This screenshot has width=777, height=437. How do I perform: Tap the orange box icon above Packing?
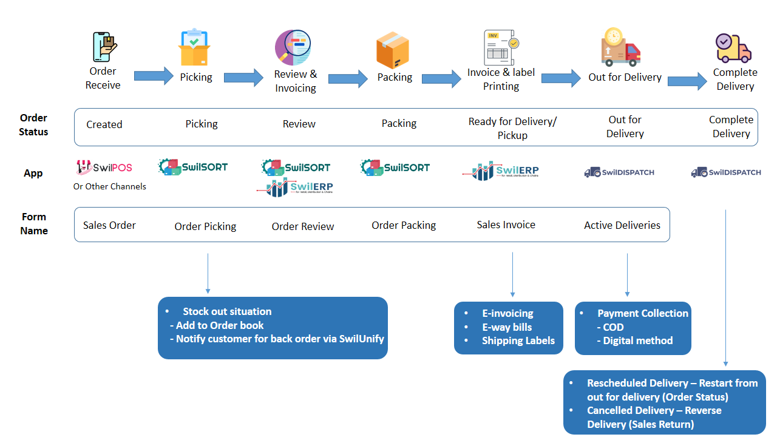(393, 50)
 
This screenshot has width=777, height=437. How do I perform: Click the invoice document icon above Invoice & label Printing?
(500, 47)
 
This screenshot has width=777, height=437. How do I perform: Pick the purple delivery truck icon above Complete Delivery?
(733, 48)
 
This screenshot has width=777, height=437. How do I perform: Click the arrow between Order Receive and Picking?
(154, 76)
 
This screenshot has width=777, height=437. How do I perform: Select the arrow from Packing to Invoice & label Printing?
(441, 78)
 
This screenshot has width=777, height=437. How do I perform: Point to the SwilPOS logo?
(104, 168)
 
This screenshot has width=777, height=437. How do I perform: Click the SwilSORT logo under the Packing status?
(395, 167)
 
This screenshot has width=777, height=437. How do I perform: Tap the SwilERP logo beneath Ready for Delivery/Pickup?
(501, 171)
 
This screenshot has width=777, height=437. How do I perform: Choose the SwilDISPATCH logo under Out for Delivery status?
(619, 172)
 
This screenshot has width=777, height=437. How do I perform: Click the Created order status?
(104, 124)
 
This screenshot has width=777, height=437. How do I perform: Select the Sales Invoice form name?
(506, 225)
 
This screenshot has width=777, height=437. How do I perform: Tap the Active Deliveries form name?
(622, 225)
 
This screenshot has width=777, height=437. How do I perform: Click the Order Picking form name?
(205, 226)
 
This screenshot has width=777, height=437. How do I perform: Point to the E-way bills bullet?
(507, 327)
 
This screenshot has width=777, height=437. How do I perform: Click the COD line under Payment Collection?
(613, 327)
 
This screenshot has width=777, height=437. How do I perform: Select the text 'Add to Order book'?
(220, 325)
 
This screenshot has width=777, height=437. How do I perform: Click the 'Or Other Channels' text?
(110, 186)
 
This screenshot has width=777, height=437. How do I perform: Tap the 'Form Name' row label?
(34, 223)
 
